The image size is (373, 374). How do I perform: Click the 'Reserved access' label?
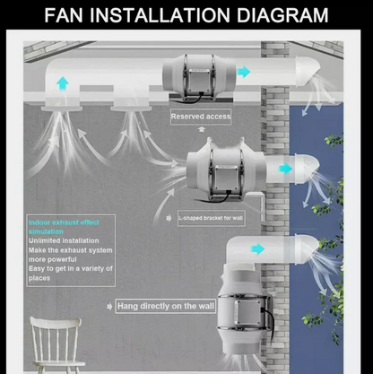point(201,117)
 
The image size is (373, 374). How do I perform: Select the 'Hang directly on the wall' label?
point(167,306)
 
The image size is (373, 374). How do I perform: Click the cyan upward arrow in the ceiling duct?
point(64,83)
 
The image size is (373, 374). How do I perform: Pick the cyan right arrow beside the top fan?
point(244,72)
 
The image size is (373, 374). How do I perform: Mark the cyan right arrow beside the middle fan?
point(285,169)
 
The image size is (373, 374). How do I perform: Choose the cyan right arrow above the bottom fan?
point(258,248)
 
